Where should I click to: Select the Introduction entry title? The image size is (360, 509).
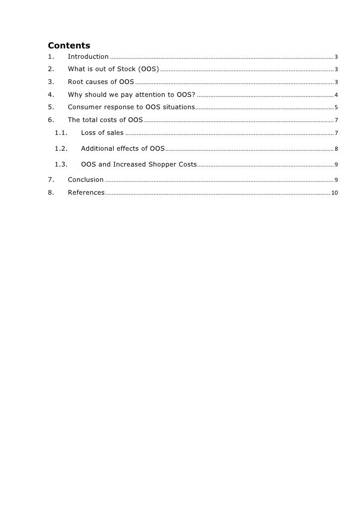88,57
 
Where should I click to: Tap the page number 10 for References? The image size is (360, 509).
335,193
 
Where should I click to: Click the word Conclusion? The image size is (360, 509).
86,180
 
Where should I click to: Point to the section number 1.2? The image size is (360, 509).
61,149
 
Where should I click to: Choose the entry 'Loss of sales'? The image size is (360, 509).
102,133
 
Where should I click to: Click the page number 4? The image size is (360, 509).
336,95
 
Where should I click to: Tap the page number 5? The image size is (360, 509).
336,108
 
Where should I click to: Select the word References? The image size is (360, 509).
86,193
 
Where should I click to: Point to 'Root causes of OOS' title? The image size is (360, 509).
101,82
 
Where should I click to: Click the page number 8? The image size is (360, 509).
336,149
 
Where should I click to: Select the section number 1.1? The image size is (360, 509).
61,133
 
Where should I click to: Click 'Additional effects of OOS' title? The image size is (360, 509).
123,149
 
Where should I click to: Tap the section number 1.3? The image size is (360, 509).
61,165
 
